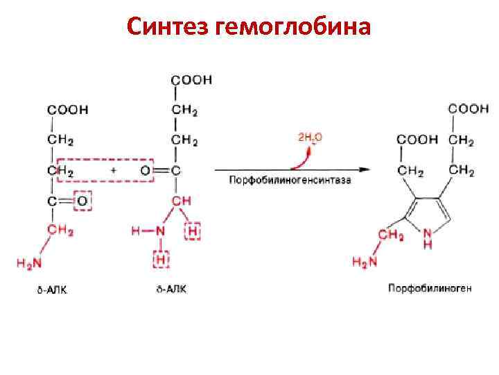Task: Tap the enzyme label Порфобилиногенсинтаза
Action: (x=290, y=181)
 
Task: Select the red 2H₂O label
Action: (x=309, y=137)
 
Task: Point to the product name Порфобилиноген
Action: (x=430, y=287)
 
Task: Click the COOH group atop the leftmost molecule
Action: (x=67, y=110)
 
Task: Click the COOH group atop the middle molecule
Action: (x=191, y=80)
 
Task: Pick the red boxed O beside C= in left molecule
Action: (x=82, y=201)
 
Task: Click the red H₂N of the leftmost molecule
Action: (x=30, y=262)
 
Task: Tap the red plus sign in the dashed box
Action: (x=113, y=170)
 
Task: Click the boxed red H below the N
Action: (x=161, y=260)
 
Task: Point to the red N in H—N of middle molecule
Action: (x=161, y=231)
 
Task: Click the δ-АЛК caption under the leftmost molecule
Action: (x=52, y=289)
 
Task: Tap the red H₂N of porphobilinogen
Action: (x=366, y=262)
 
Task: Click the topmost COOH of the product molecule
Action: (x=469, y=109)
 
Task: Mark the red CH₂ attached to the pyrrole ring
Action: (x=391, y=235)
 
